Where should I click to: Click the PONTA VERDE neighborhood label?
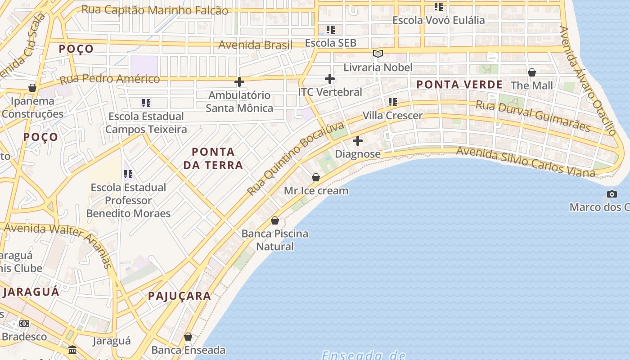point(459,85)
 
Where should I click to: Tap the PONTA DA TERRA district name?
point(213,158)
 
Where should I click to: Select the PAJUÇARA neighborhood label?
point(180,296)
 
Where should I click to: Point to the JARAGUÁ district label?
point(31,292)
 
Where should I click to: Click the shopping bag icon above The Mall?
point(532,72)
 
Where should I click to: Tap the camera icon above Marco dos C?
point(612,194)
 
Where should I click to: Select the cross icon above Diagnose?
point(358,141)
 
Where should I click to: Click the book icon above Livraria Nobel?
point(378,54)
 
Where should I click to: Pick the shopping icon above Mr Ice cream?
point(316,177)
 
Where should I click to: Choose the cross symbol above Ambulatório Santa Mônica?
point(239,82)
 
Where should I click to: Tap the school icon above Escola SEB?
point(331,30)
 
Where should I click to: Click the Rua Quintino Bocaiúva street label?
point(295,158)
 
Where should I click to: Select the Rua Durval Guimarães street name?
point(533,116)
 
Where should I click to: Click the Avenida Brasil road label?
point(255,45)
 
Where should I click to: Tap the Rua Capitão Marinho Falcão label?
point(155,10)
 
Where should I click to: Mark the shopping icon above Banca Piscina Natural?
point(275,220)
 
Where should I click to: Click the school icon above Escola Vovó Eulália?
point(439,7)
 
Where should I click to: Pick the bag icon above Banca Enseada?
point(188,337)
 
